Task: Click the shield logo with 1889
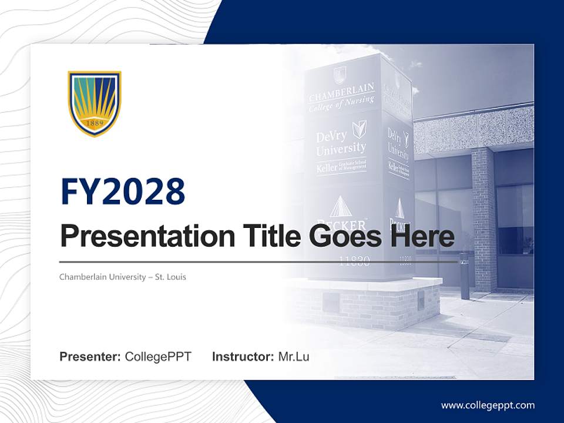(95, 103)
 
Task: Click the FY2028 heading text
(123, 192)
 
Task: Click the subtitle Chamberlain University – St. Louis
(123, 277)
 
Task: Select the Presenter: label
(90, 357)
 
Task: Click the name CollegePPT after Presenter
(158, 357)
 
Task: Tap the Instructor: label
(243, 357)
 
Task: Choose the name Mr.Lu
(294, 357)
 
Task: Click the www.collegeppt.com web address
(488, 405)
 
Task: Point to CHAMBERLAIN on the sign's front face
(341, 93)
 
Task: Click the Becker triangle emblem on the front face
(340, 207)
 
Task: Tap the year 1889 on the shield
(95, 124)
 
